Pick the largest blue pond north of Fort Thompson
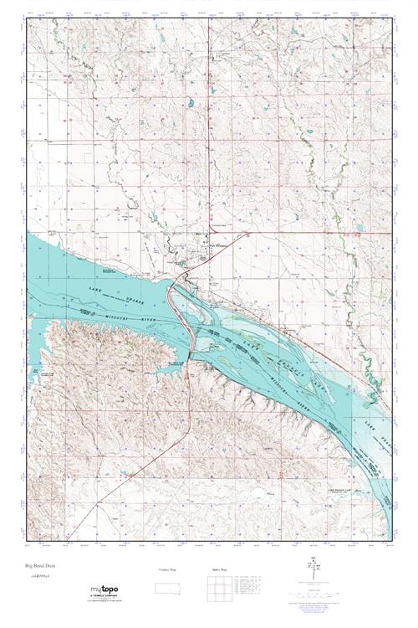point(191,104)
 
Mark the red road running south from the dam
point(190,419)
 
